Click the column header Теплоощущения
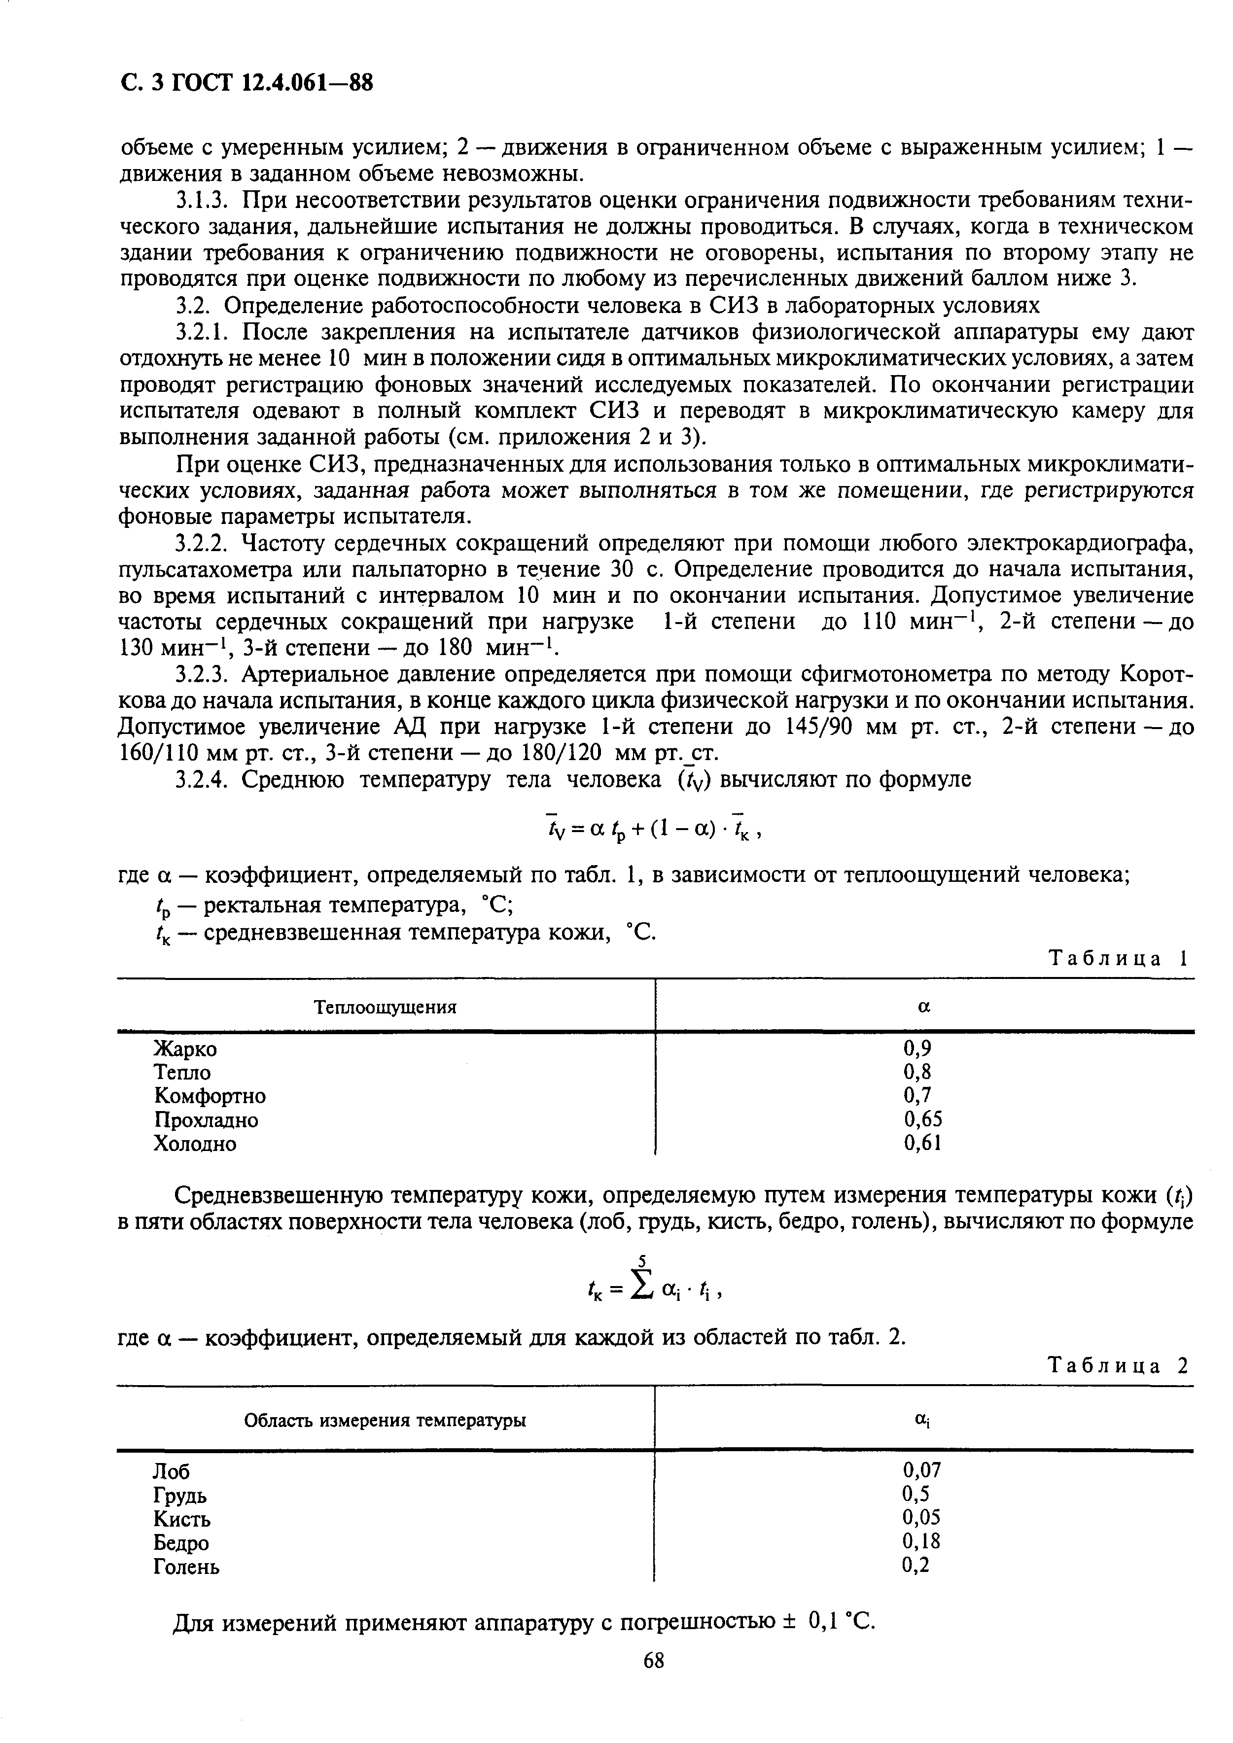[x=386, y=1008]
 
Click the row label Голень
[x=187, y=1566]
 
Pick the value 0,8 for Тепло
[x=917, y=1072]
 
